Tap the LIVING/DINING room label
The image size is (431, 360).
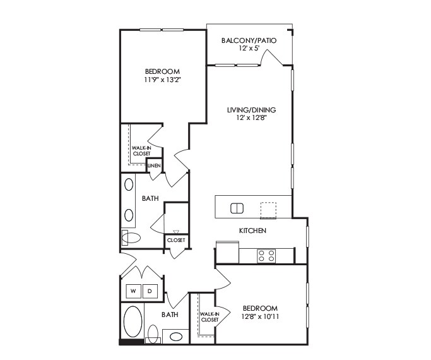251,110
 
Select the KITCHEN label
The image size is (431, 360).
252,231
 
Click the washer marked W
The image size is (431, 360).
134,291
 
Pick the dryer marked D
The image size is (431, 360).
150,291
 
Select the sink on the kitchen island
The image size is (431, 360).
237,208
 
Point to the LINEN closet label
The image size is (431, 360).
154,165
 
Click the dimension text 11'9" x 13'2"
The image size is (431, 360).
163,80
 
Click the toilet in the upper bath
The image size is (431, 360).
132,237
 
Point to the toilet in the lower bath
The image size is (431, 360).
153,333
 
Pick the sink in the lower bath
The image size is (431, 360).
176,335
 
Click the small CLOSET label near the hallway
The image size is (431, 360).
175,240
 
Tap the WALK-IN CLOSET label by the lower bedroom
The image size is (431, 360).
210,317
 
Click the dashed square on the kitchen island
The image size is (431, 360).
268,208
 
